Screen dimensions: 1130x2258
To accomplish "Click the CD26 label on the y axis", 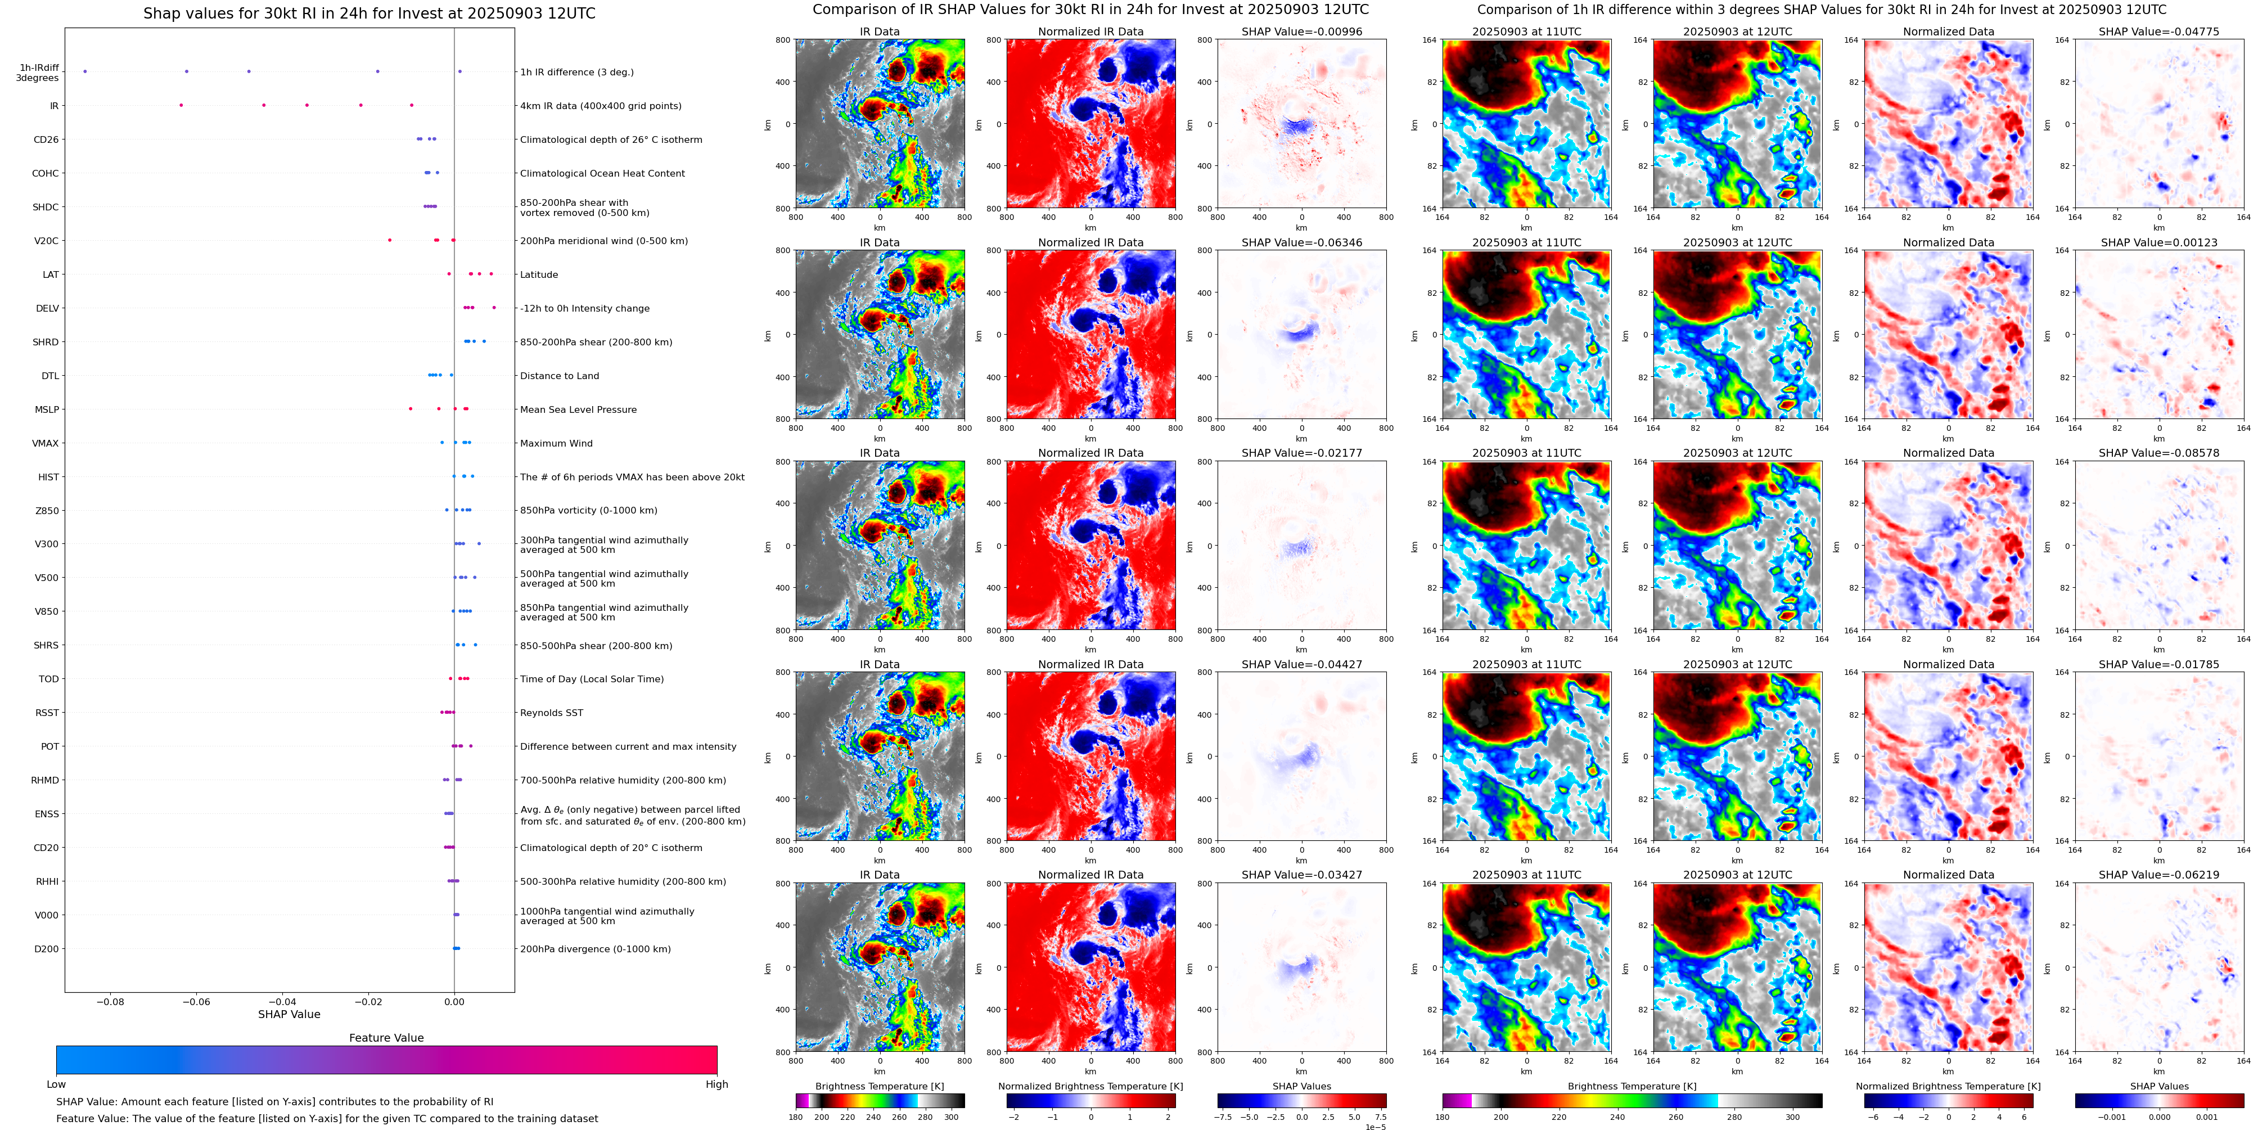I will [46, 139].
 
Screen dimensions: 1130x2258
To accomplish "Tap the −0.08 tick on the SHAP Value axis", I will [110, 1001].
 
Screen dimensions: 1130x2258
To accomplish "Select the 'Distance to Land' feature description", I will [559, 376].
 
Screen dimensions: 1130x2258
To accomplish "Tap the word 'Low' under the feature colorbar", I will [56, 1084].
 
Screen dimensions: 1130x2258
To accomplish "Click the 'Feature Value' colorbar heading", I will [386, 1038].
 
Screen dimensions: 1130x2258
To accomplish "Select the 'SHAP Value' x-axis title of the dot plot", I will [289, 1014].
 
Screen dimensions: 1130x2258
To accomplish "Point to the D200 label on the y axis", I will [47, 948].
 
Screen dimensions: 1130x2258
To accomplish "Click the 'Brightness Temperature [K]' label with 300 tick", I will [879, 1086].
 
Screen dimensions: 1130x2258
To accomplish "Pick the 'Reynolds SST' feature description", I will [551, 713].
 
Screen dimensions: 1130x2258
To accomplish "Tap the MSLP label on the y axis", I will [47, 409].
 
